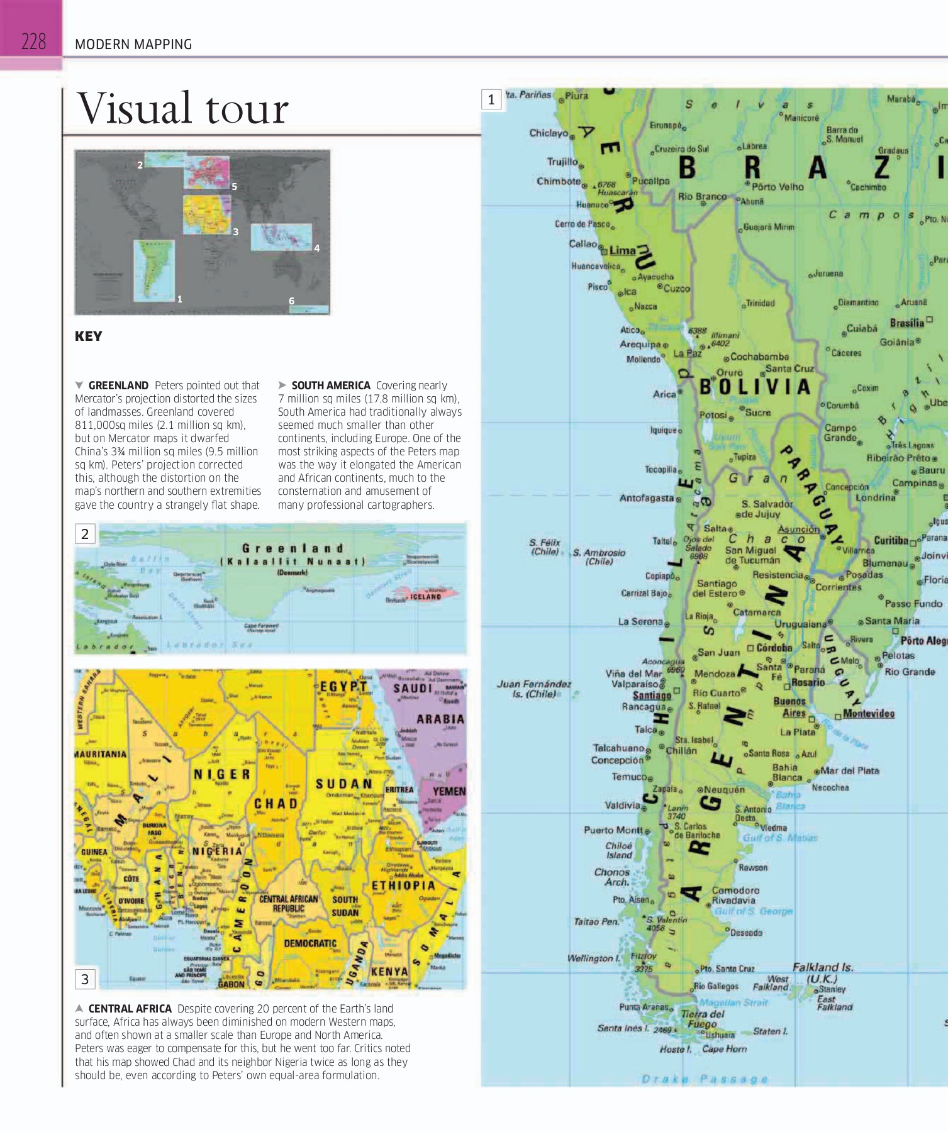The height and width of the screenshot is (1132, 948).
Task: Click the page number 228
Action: tap(33, 42)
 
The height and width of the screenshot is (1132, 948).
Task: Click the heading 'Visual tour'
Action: tap(182, 109)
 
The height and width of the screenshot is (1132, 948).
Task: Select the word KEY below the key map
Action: tap(88, 336)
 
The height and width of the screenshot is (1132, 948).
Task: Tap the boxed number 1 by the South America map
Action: tap(491, 99)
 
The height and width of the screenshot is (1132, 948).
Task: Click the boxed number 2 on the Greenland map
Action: tap(85, 534)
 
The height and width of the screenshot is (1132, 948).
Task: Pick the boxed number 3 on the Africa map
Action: tap(85, 979)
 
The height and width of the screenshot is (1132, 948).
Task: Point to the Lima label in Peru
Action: tap(622, 250)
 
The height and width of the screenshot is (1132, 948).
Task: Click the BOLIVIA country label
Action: tap(755, 387)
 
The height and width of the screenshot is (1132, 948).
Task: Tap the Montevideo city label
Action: tap(868, 713)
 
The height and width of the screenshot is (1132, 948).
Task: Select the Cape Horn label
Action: tap(724, 1049)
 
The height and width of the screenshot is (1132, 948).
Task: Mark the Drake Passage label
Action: tap(705, 1079)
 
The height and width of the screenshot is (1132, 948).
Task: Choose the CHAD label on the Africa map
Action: tap(276, 804)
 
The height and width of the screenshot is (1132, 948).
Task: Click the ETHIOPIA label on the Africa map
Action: tap(403, 885)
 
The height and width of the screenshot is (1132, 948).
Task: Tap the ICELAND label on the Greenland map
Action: tap(426, 596)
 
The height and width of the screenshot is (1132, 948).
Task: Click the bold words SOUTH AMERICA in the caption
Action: tap(331, 386)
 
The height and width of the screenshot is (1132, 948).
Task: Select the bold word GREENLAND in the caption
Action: tap(118, 386)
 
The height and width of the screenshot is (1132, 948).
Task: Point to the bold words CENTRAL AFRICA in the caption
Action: tap(130, 1008)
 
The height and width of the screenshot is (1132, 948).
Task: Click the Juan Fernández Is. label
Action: tap(534, 689)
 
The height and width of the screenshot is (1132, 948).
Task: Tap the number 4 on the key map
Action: tap(317, 248)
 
